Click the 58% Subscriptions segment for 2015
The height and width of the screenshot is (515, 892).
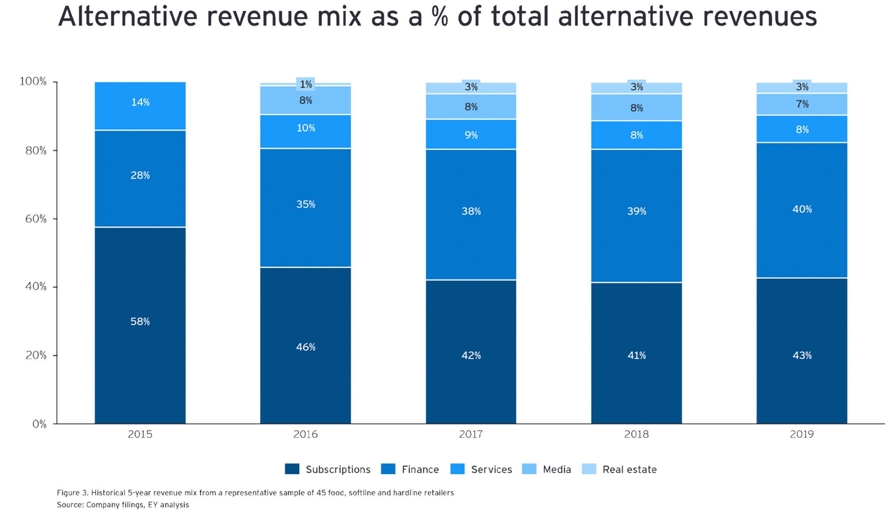(140, 322)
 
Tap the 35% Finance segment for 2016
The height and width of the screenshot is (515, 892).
(305, 204)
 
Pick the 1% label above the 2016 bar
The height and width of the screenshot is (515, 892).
(306, 84)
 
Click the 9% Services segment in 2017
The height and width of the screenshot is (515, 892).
(471, 135)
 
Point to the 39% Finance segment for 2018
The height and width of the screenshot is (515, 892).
(636, 211)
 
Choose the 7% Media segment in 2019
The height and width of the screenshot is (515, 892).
(802, 104)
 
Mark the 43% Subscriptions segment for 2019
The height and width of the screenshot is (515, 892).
(802, 355)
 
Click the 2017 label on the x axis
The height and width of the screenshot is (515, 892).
(471, 434)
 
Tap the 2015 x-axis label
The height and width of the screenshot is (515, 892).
(140, 434)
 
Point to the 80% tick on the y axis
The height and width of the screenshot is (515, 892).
(36, 150)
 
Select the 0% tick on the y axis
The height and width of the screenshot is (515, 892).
(39, 424)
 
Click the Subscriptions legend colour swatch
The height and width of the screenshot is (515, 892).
(292, 469)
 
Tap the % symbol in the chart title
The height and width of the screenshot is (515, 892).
(440, 17)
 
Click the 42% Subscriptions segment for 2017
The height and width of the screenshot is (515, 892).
(471, 355)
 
